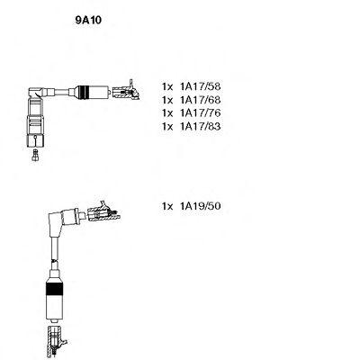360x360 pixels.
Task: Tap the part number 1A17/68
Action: click(198, 101)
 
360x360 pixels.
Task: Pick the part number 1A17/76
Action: click(198, 115)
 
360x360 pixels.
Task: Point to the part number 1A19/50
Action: click(198, 207)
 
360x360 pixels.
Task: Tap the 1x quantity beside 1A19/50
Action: click(167, 207)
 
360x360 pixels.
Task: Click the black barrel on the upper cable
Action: click(89, 93)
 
